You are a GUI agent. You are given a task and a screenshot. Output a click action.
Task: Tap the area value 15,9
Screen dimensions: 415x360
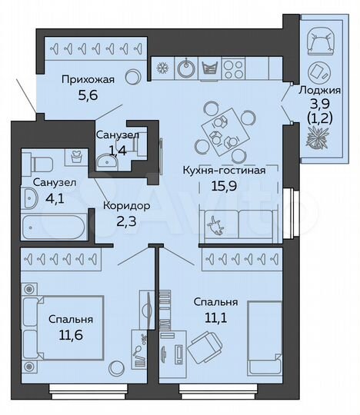[x=224, y=185]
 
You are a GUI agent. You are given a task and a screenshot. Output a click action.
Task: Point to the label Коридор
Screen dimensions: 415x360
[x=125, y=206]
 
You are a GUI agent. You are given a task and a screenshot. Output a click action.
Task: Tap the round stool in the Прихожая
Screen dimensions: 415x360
[x=132, y=77]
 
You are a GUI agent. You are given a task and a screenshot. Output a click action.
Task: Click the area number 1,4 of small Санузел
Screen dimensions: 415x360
[x=116, y=149]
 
